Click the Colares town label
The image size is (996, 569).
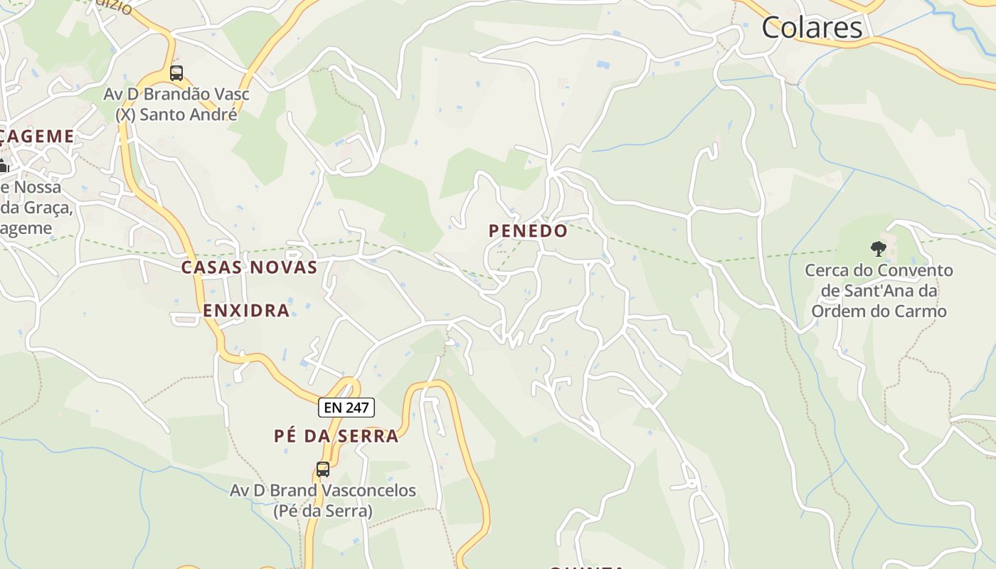click(812, 28)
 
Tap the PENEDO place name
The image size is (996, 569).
click(528, 230)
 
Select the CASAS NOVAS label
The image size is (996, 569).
click(249, 267)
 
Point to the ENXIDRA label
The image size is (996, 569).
click(246, 310)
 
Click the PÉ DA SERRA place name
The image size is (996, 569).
click(336, 436)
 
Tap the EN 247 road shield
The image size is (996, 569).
click(346, 408)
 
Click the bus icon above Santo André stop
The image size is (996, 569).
click(176, 73)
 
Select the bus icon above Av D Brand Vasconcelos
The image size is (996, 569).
click(323, 469)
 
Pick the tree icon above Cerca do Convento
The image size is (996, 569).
click(879, 248)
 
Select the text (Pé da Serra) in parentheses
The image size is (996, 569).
click(323, 511)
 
